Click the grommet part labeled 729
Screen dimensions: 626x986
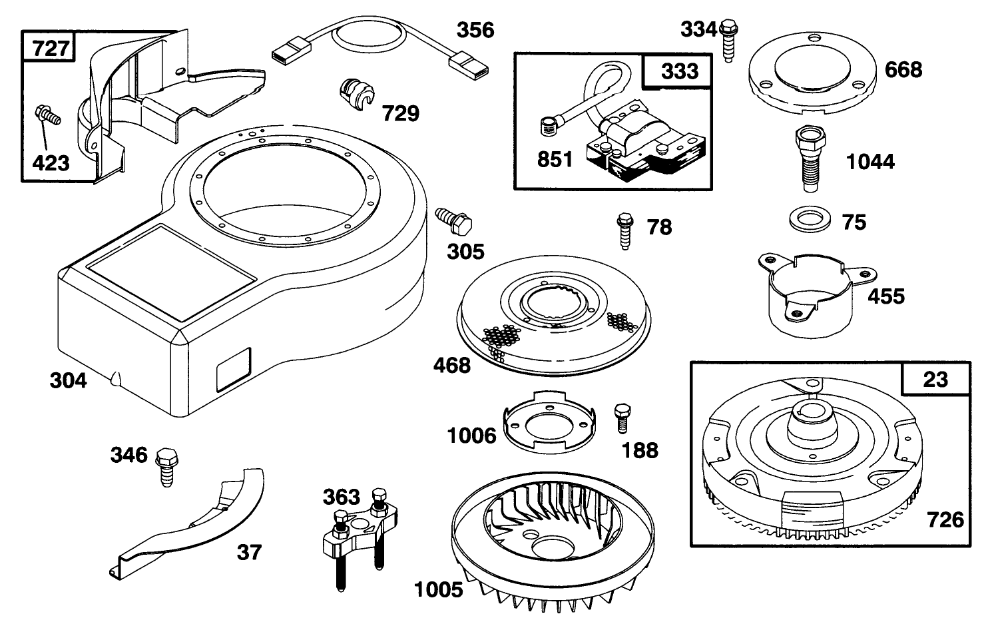pyautogui.click(x=356, y=93)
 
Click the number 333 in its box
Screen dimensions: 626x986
pyautogui.click(x=679, y=71)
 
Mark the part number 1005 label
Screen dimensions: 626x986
pyautogui.click(x=438, y=589)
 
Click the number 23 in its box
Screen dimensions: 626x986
pyautogui.click(x=935, y=379)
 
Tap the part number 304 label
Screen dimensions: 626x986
pyautogui.click(x=69, y=381)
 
